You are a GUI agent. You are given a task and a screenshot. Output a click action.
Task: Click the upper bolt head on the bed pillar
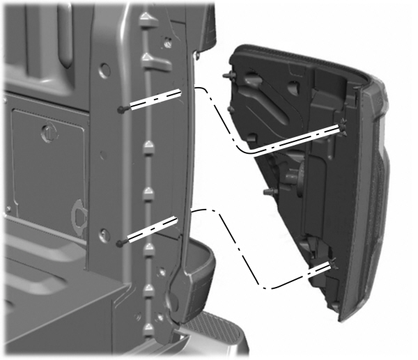pyautogui.click(x=123, y=109)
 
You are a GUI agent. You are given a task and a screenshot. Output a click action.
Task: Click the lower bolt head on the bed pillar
pyautogui.click(x=122, y=243)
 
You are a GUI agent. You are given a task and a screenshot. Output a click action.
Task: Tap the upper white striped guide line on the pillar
pyautogui.click(x=153, y=100)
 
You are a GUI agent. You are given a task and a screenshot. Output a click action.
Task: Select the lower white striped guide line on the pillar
pyautogui.click(x=151, y=230)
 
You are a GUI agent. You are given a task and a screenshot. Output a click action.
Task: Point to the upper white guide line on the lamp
pyautogui.click(x=300, y=139)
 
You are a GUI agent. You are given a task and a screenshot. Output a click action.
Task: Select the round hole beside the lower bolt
pyautogui.click(x=104, y=234)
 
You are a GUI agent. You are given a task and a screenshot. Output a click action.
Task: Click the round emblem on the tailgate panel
pyautogui.click(x=47, y=132)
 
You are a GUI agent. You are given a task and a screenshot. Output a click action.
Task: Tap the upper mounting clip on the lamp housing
pyautogui.click(x=343, y=125)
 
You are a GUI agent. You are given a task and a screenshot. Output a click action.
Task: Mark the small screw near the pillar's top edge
pyautogui.click(x=168, y=42)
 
